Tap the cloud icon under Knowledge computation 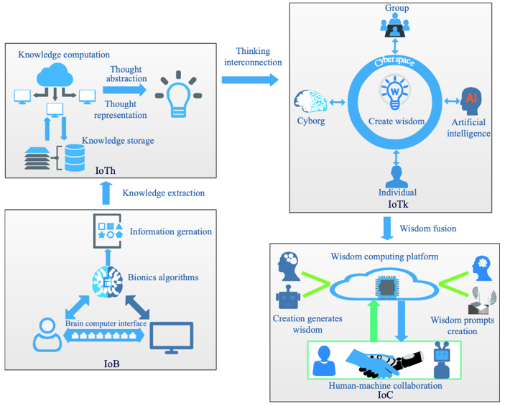click(x=55, y=75)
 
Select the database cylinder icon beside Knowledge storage click(x=75, y=157)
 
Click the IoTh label click(x=106, y=170)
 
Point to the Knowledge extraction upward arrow click(x=106, y=193)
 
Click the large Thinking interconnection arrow click(x=250, y=80)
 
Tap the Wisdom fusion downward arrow click(x=386, y=228)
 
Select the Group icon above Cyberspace click(x=395, y=25)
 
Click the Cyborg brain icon click(x=310, y=101)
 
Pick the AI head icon click(x=471, y=101)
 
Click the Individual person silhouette click(x=397, y=177)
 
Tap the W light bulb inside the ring click(x=394, y=92)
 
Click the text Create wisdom click(x=397, y=121)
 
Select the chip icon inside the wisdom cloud click(x=386, y=287)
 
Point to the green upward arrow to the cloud click(x=374, y=320)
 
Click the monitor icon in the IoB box click(x=172, y=337)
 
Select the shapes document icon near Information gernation click(x=108, y=231)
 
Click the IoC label click(x=385, y=395)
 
